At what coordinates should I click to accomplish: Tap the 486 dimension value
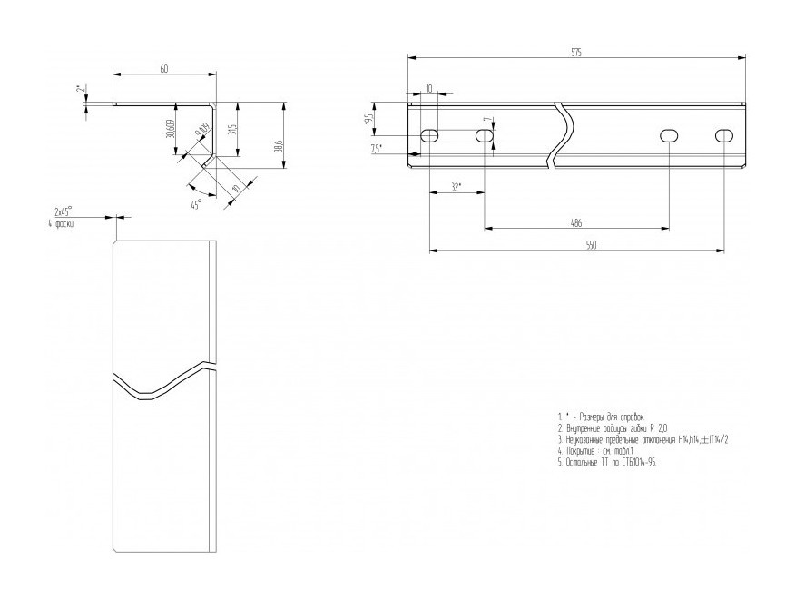pyautogui.click(x=576, y=221)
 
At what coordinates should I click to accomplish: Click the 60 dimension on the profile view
pyautogui.click(x=163, y=70)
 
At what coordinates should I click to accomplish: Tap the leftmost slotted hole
pyautogui.click(x=430, y=135)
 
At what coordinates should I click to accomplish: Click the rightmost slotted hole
pyautogui.click(x=725, y=135)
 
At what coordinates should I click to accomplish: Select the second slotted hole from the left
pyautogui.click(x=486, y=135)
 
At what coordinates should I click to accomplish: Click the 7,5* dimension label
pyautogui.click(x=377, y=149)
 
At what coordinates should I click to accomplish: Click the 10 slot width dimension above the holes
pyautogui.click(x=429, y=89)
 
